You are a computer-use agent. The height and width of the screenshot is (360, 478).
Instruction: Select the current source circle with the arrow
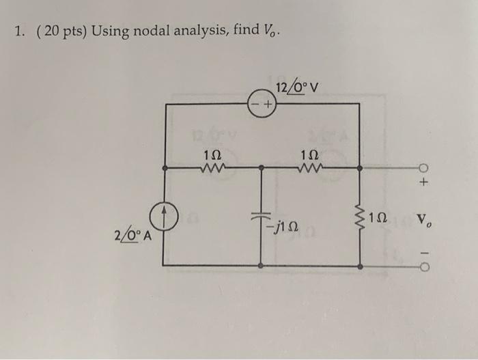163,217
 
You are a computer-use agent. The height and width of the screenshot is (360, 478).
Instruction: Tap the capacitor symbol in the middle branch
262,214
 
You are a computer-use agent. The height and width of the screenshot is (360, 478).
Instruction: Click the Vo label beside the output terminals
426,223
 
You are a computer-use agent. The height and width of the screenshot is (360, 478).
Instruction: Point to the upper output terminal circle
424,168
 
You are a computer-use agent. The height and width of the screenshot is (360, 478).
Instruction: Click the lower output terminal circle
424,265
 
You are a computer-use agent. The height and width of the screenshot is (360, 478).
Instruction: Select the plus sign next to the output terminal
424,183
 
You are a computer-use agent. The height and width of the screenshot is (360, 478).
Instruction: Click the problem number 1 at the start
16,31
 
